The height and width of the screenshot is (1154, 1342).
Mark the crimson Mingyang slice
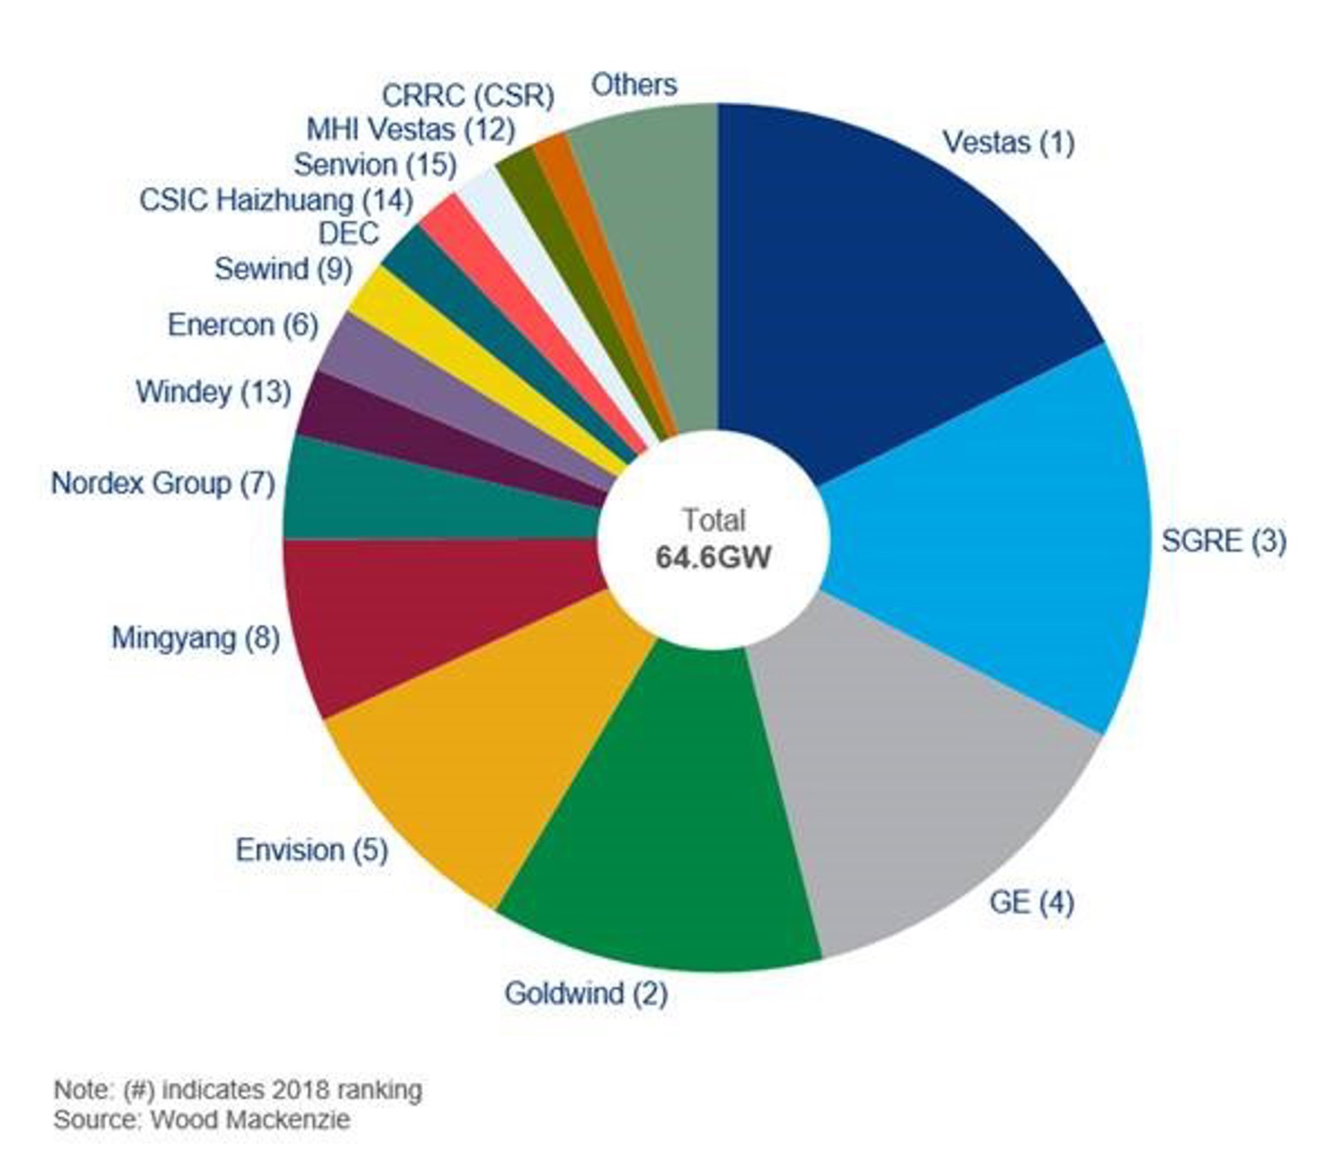coord(418,619)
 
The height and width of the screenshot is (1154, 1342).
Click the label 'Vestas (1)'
coord(1008,142)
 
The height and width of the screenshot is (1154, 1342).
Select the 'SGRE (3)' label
coord(1223,540)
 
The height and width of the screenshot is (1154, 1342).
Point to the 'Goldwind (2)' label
coord(585,993)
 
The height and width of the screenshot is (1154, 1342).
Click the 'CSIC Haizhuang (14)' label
coord(276,200)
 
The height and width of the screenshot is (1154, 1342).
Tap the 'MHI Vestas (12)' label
coord(411,130)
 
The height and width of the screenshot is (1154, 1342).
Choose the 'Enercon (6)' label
coord(243,324)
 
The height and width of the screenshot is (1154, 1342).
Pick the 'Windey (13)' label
coord(213,391)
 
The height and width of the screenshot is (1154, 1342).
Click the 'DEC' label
coord(349,233)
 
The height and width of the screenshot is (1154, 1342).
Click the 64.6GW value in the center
coord(713,557)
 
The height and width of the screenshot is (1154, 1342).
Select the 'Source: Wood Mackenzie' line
coord(201,1120)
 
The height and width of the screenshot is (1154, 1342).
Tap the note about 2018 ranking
coord(238,1089)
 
